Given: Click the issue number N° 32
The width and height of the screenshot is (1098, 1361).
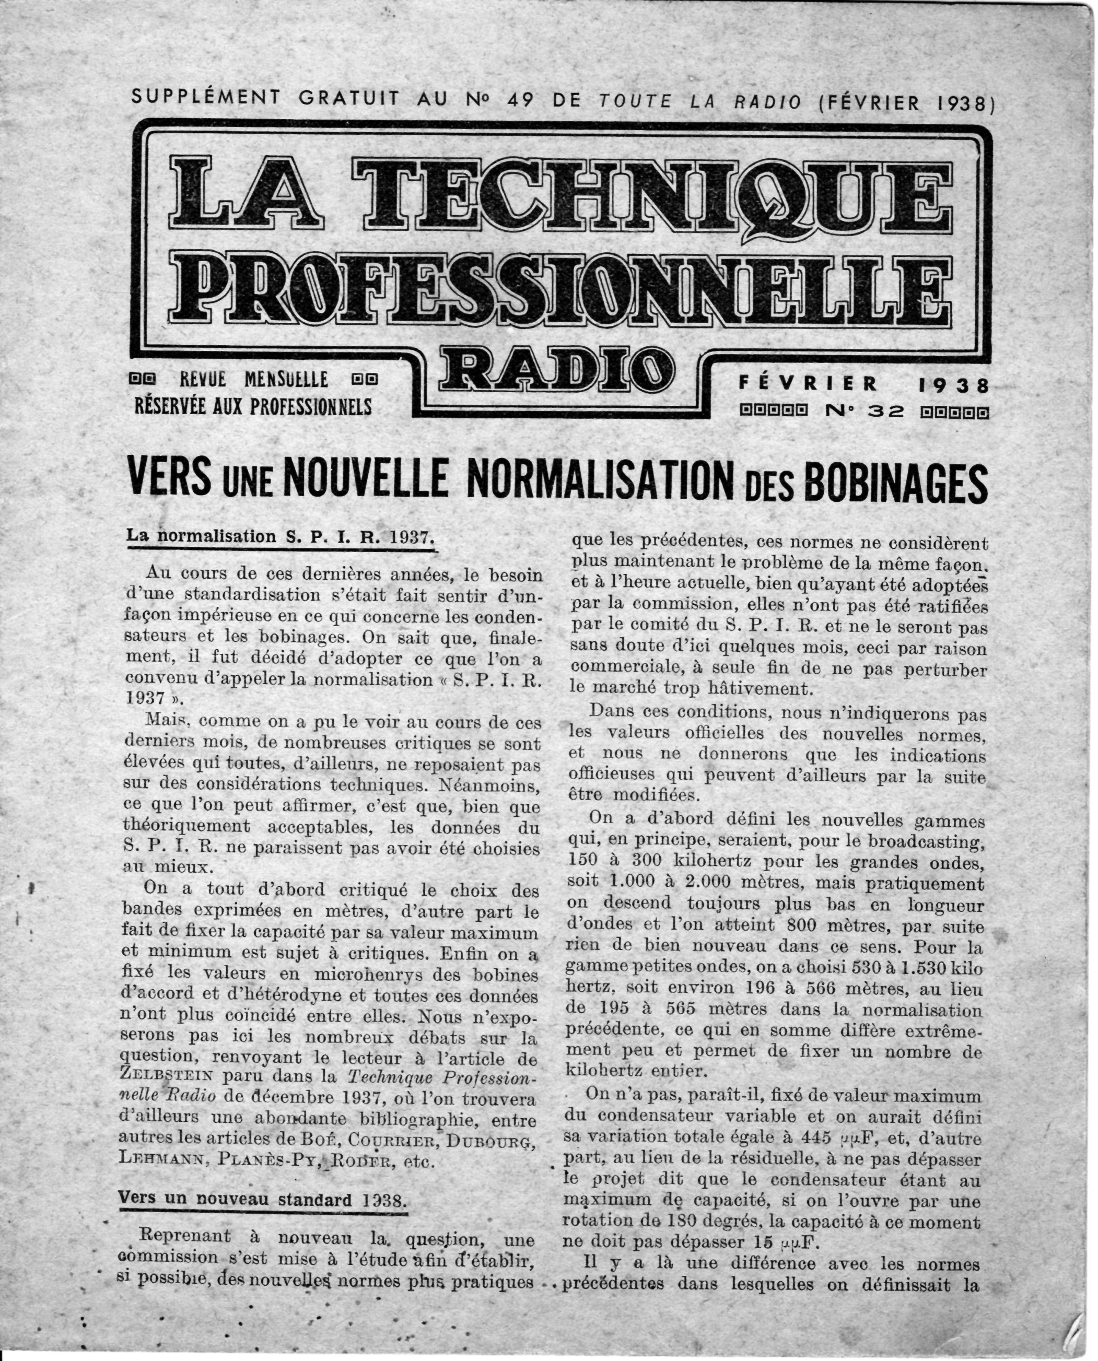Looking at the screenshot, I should pos(865,412).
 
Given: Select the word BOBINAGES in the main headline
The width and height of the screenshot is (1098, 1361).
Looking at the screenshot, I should pos(891,482).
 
